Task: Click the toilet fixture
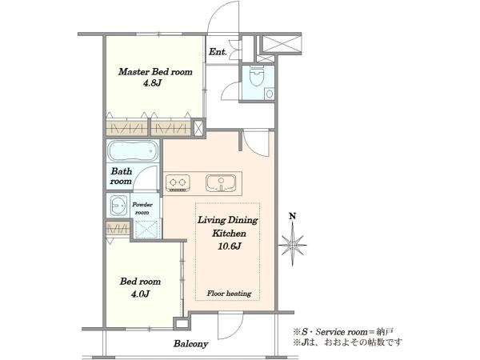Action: pos(257,76)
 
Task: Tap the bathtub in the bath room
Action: pos(133,150)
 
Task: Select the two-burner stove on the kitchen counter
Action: pos(178,183)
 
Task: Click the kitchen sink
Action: pos(221,182)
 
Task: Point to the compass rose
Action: pos(293,245)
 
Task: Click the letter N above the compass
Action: pos(293,217)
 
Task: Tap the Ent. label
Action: pos(218,52)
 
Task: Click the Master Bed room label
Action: pos(155,72)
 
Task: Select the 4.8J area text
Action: pos(152,83)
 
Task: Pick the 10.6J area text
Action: pos(230,246)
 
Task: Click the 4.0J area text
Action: pos(140,294)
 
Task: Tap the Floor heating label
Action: pos(229,294)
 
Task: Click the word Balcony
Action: pos(191,343)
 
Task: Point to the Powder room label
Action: pos(142,209)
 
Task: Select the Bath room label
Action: pos(122,176)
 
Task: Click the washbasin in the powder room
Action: pos(118,205)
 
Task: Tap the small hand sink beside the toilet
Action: pos(269,94)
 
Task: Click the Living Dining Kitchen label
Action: pos(228,226)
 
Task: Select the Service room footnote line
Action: pos(343,331)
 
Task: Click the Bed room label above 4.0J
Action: pos(140,282)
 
